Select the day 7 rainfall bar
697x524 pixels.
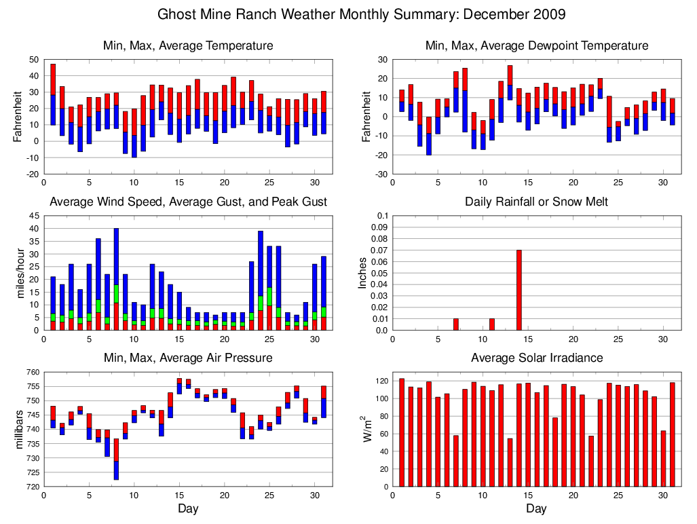456,324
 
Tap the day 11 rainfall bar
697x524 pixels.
492,324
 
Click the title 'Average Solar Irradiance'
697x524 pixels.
536,358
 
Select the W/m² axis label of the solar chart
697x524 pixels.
367,429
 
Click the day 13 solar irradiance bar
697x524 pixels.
510,462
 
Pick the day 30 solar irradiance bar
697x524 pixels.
663,458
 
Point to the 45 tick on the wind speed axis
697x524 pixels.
33,217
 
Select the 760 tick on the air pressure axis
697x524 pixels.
31,372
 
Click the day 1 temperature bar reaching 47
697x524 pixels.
53,95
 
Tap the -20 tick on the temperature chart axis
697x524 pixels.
31,174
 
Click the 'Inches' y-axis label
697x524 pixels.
363,273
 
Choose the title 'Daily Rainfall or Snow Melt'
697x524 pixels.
536,202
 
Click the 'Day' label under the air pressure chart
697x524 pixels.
188,508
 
